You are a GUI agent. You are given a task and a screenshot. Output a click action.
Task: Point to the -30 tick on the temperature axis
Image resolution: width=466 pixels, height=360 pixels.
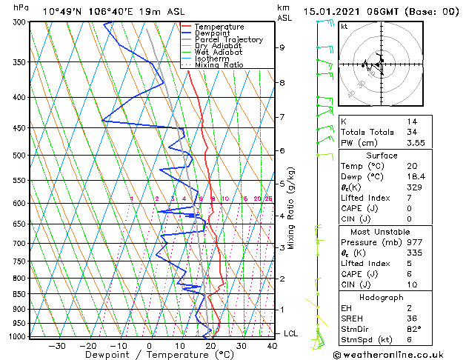tap(57, 345)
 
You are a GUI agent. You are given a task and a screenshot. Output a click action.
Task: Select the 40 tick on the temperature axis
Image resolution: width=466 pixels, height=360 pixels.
tap(272, 345)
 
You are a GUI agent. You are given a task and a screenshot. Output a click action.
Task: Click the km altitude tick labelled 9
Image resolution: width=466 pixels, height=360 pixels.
tap(282, 47)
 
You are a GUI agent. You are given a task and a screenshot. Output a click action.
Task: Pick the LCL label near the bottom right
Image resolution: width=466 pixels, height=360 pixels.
tap(290, 333)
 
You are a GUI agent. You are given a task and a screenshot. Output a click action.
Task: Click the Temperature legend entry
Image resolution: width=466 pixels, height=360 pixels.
tap(219, 27)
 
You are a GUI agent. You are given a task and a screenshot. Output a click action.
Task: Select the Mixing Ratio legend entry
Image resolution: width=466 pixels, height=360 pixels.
tap(219, 65)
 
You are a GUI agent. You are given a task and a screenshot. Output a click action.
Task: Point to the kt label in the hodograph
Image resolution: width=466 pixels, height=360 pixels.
tap(344, 26)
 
